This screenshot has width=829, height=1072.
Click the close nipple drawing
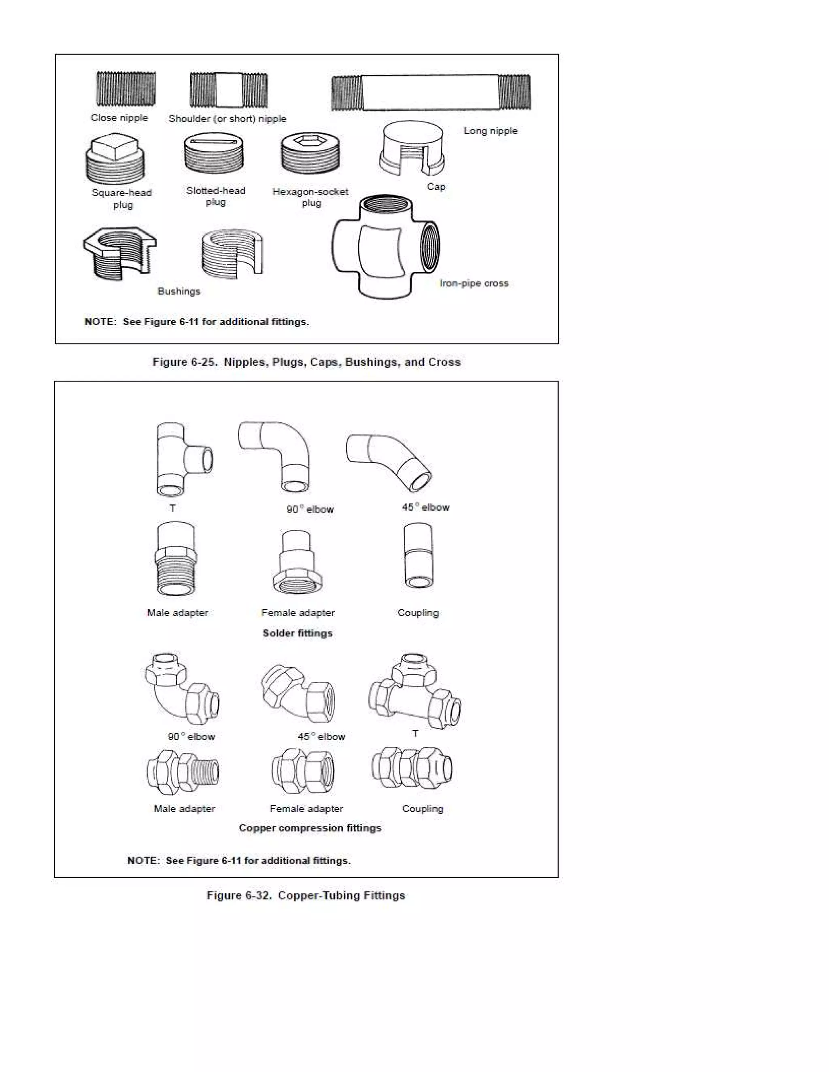(x=126, y=89)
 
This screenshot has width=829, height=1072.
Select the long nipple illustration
(x=431, y=92)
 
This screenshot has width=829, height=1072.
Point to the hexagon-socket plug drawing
(x=310, y=154)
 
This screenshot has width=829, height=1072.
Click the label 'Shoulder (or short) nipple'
(x=227, y=119)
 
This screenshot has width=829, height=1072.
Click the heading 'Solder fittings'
(x=297, y=633)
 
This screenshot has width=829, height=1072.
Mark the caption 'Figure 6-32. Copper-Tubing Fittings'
(x=306, y=896)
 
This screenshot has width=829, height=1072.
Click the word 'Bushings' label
(x=179, y=292)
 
